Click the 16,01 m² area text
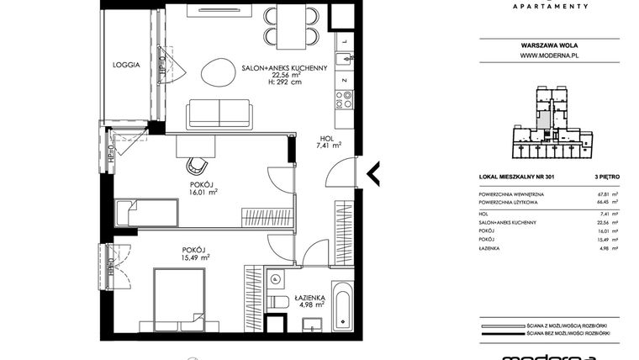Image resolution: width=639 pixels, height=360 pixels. point(203,192)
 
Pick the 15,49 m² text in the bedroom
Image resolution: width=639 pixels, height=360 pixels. point(195,258)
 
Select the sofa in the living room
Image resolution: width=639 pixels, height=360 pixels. point(219,113)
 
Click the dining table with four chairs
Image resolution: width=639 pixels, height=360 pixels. point(292,26)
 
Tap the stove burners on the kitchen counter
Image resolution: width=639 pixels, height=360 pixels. point(344,100)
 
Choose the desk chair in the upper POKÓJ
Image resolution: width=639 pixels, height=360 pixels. point(198,164)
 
